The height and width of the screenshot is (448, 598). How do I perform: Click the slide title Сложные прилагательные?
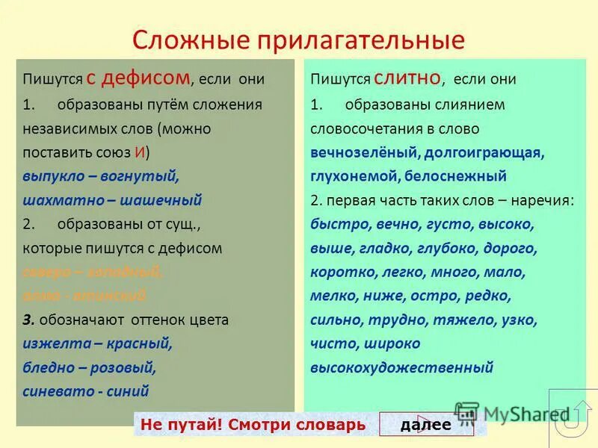click(x=298, y=40)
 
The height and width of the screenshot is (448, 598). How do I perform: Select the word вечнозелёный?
click(x=364, y=152)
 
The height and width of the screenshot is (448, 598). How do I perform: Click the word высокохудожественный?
click(x=402, y=367)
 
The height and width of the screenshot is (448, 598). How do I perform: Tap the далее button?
click(x=425, y=425)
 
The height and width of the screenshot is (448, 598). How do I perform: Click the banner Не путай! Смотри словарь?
click(x=252, y=425)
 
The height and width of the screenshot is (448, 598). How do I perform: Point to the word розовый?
click(x=126, y=367)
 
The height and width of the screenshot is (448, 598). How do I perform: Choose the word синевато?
click(x=55, y=391)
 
